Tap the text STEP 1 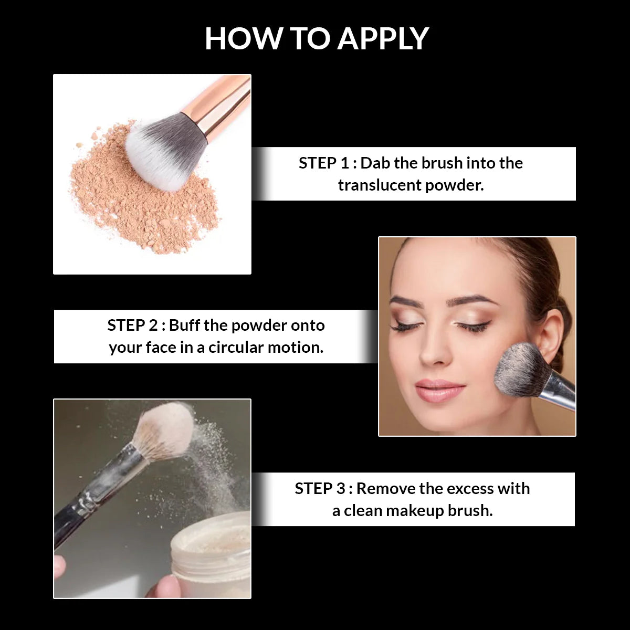323,163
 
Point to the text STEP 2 132,325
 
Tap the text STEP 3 320,489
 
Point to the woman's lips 440,391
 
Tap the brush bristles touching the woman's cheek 520,367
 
